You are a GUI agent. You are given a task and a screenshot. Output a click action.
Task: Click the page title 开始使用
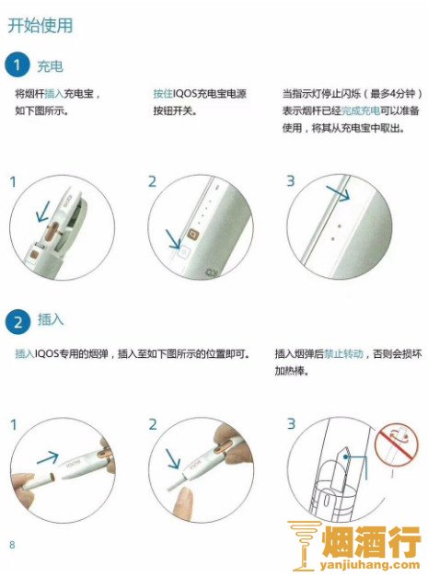(40, 26)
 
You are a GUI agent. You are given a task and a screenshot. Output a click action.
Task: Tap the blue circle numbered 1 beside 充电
(17, 65)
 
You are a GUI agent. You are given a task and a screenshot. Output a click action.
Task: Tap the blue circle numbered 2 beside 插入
(17, 321)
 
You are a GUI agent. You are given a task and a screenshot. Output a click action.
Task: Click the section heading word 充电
(50, 66)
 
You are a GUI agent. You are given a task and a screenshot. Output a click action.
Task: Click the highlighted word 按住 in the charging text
(163, 94)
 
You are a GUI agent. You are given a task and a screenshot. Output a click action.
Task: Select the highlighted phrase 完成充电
(361, 110)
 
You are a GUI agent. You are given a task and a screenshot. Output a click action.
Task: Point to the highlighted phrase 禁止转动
(343, 353)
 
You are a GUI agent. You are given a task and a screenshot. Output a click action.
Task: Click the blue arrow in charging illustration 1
(43, 211)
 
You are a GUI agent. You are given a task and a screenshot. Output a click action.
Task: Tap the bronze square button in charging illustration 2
(193, 234)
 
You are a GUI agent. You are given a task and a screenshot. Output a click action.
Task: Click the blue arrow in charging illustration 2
(173, 239)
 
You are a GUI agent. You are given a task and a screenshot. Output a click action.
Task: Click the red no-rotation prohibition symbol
(397, 444)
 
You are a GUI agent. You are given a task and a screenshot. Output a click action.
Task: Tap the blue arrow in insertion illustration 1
(48, 457)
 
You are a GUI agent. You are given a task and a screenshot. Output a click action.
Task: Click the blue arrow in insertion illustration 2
(173, 458)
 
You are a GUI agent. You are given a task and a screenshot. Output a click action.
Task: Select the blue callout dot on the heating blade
(345, 457)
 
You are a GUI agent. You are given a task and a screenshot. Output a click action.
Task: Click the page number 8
(12, 545)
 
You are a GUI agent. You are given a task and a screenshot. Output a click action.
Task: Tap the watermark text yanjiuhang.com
(370, 565)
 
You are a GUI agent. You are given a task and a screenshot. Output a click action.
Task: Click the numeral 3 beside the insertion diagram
(291, 424)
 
